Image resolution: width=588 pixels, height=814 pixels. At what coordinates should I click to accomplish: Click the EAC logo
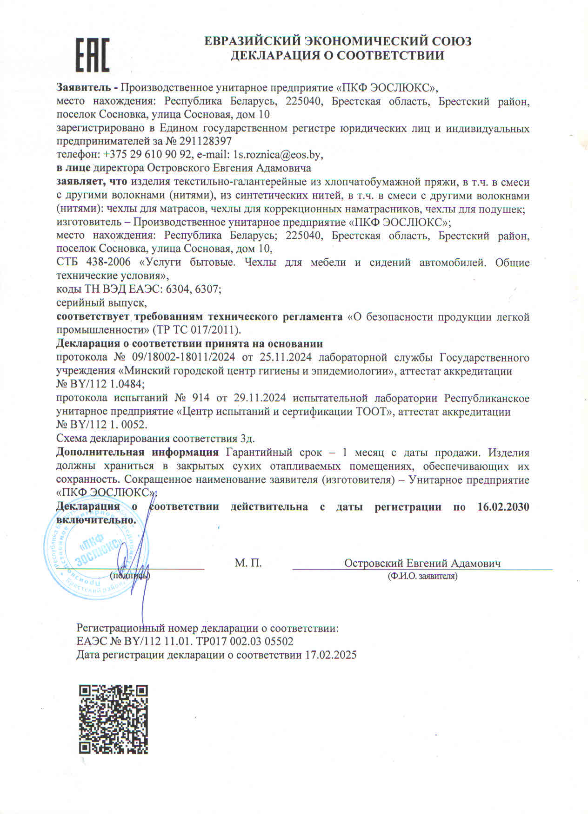[93, 54]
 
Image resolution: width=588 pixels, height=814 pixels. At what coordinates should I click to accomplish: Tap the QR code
[113, 719]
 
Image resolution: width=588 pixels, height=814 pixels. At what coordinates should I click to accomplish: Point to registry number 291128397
[205, 141]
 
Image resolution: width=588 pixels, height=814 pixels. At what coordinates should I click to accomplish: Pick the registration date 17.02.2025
[331, 655]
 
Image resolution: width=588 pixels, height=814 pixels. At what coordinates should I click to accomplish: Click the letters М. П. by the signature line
[248, 563]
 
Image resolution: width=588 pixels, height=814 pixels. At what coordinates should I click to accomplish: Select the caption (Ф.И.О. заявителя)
[422, 576]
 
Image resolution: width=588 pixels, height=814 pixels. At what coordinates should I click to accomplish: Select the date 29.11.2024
[260, 398]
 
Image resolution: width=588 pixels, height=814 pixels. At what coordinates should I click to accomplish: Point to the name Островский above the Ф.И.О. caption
[374, 563]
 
